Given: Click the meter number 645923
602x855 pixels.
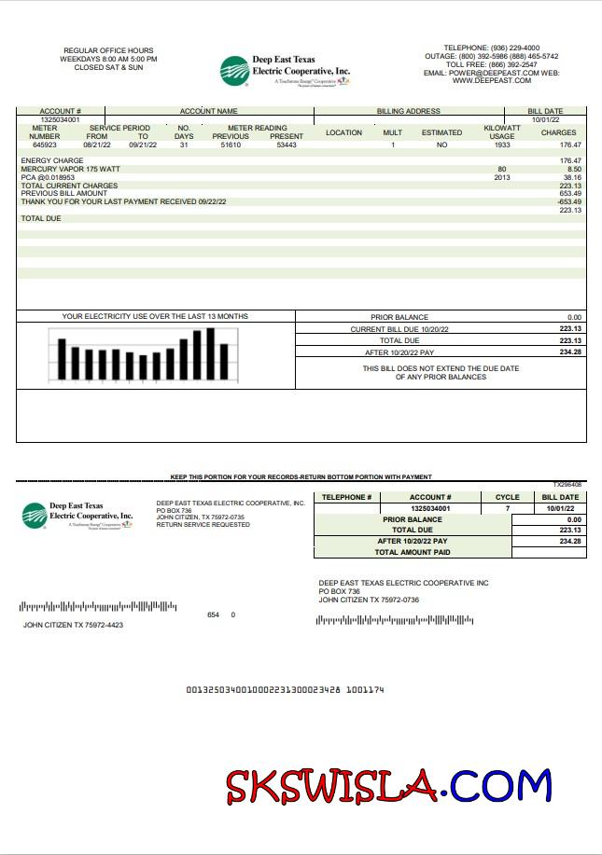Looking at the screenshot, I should [44, 145].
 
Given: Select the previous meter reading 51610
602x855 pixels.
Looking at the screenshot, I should [231, 145].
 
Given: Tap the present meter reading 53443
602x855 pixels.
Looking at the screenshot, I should [287, 145].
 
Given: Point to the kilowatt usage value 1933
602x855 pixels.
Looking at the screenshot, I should [502, 145].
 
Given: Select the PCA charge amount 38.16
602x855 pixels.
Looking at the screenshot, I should [572, 177].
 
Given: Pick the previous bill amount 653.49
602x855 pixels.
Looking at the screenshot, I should [570, 193].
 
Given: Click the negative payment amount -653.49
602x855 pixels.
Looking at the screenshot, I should [569, 201].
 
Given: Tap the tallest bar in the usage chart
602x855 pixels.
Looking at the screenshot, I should [211, 354].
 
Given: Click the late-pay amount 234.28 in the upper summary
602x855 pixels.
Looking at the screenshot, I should [570, 352].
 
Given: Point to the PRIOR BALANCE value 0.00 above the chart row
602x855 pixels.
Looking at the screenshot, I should [573, 317].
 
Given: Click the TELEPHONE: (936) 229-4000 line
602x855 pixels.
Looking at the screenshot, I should [491, 48].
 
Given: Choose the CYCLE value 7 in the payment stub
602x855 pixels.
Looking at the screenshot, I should [508, 508].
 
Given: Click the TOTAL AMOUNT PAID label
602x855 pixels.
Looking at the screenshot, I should [412, 553].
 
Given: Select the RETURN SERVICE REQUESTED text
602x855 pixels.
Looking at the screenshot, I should [203, 525].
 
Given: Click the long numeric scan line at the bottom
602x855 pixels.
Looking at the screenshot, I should [285, 690].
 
